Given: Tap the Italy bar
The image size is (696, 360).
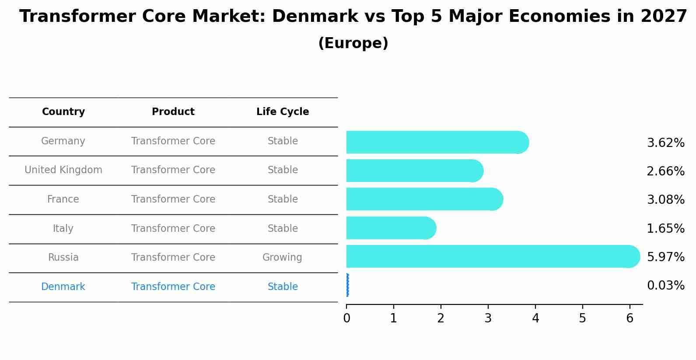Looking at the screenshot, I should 389,228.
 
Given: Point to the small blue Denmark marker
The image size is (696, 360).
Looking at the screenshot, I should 347,285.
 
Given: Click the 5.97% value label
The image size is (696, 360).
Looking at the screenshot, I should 665,257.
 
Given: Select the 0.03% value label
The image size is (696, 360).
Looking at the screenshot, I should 665,286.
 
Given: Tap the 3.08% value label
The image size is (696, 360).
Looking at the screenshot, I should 665,200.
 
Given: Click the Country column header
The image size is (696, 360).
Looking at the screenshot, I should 63,112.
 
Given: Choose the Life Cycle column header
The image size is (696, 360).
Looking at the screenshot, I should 283,112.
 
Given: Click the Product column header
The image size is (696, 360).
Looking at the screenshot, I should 173,112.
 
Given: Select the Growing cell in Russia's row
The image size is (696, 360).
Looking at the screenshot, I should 282,258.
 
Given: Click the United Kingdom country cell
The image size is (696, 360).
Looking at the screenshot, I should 63,170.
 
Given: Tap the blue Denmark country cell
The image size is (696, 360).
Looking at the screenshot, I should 63,287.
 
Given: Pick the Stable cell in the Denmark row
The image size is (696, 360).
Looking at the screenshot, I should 283,287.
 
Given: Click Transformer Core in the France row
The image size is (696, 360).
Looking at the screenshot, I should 173,199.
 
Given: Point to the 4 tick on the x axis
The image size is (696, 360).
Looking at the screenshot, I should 535,318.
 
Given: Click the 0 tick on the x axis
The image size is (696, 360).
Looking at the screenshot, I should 346,318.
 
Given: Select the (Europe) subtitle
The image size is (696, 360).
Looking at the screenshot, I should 353,43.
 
